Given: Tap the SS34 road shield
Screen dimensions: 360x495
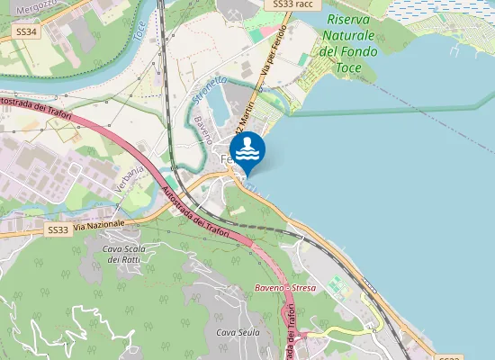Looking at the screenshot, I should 27,31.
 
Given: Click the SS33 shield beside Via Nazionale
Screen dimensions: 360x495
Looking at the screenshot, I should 57,229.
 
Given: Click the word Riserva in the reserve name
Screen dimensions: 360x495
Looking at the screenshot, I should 349,19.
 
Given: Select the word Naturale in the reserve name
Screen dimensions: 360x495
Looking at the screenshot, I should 350,36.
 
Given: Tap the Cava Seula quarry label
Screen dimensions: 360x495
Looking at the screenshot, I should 238,332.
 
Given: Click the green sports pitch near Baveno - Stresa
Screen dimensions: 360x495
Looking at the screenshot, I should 337,285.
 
